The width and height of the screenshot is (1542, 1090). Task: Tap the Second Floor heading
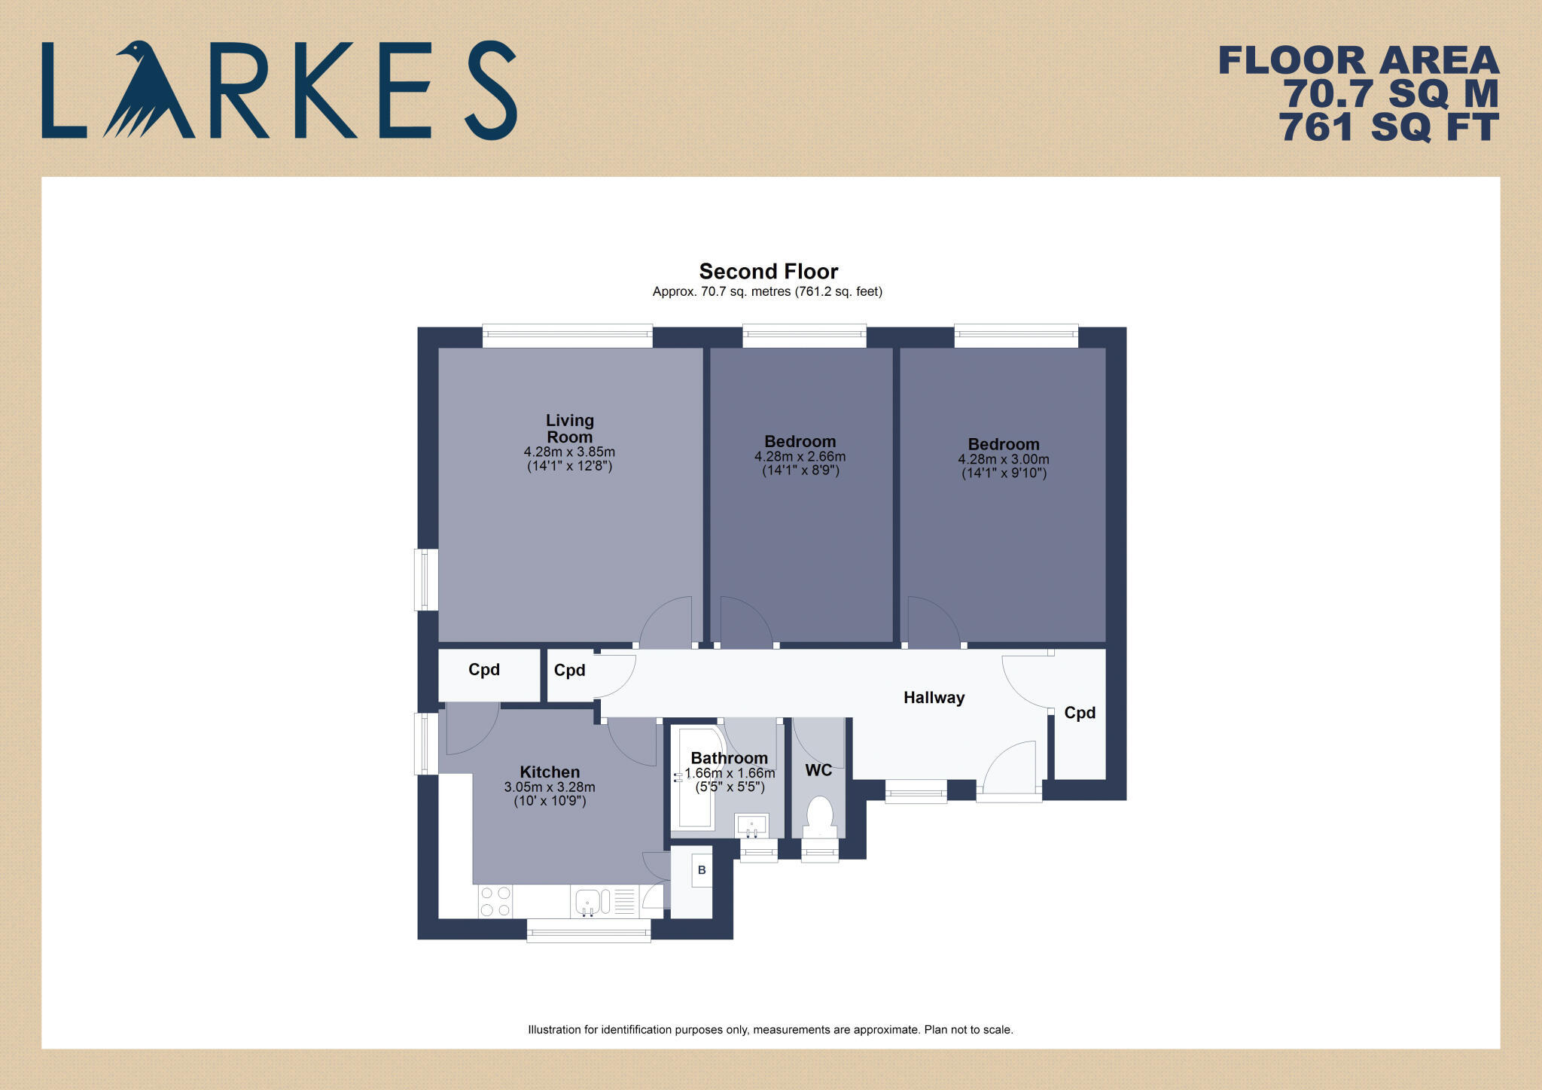768,271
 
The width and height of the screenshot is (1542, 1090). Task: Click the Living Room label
570,428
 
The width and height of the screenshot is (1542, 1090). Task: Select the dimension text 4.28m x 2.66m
800,457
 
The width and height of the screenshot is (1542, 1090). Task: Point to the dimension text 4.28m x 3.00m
1003,459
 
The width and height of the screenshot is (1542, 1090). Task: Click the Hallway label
934,698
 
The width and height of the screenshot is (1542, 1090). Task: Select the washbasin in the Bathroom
751,826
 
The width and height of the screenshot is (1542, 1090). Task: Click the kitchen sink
588,902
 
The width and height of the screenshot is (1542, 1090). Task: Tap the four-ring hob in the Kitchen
495,902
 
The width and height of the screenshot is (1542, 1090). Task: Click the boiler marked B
702,870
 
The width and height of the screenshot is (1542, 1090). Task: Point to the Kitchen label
550,772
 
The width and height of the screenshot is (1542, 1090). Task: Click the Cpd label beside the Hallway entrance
1079,713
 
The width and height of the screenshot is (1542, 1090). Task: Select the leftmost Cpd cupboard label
484,670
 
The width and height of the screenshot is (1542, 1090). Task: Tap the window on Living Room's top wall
567,335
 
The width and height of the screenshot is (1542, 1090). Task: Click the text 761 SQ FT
1388,127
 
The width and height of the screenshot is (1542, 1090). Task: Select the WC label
818,770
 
